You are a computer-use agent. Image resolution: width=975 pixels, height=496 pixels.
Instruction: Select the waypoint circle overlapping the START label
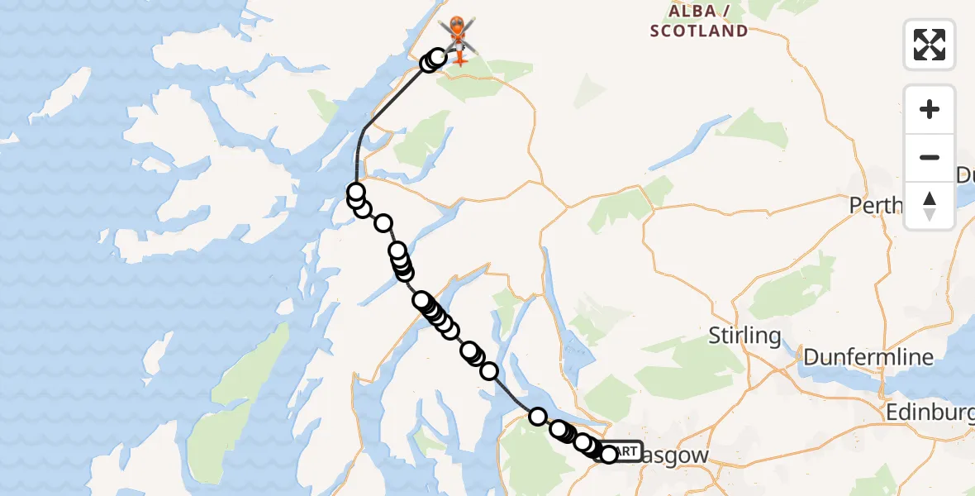coord(609,455)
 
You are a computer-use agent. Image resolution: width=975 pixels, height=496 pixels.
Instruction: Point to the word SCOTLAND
coord(699,31)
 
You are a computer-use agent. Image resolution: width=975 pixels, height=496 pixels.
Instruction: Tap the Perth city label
coord(876,205)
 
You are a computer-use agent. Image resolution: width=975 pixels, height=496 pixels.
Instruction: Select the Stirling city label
coord(744,336)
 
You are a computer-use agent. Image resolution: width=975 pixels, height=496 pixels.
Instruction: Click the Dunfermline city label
coord(868,357)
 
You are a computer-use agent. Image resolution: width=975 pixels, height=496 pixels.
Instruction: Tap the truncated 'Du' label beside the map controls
coord(964,175)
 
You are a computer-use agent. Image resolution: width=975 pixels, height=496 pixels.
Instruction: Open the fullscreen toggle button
coord(930,45)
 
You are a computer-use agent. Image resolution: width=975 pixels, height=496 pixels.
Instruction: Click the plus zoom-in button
coord(930,109)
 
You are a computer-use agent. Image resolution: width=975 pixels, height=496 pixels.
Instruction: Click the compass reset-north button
coord(930,205)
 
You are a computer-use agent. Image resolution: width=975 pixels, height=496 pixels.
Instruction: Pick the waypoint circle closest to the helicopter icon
coord(438,57)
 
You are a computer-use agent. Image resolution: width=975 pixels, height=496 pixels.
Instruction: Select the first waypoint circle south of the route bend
coord(356,192)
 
